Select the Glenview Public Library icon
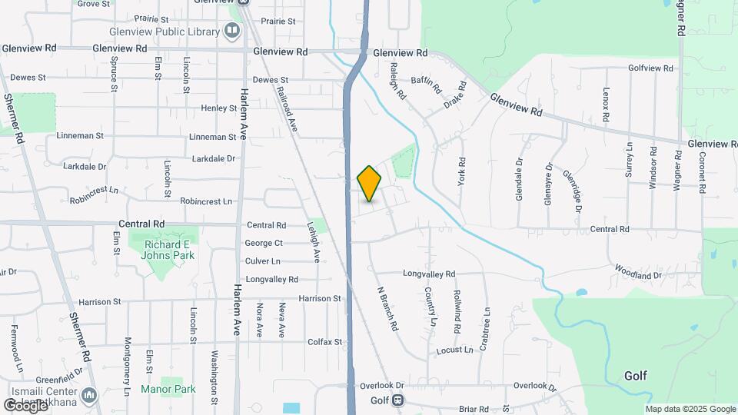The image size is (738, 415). click(231, 31)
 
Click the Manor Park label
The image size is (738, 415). click(168, 389)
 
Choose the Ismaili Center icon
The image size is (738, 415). click(90, 396)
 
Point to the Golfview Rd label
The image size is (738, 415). click(650, 68)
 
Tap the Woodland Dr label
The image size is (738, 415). click(637, 271)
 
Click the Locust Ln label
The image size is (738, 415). click(454, 350)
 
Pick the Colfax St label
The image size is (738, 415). click(324, 342)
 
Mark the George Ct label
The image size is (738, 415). click(264, 243)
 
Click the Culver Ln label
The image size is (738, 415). click(263, 261)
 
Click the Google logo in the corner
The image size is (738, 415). click(25, 405)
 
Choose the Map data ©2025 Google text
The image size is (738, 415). click(690, 409)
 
